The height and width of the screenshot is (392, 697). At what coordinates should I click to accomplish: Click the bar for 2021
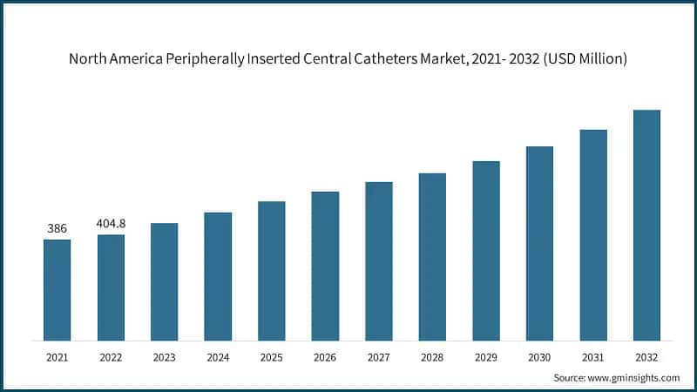click(57, 290)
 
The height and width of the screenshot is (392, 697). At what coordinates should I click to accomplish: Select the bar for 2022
click(111, 287)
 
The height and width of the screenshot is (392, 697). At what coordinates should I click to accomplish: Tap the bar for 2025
click(271, 271)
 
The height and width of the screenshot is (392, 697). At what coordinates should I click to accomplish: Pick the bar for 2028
click(432, 257)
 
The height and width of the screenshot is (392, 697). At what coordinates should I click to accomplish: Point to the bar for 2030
click(539, 243)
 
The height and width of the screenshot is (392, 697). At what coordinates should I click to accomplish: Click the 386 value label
click(57, 228)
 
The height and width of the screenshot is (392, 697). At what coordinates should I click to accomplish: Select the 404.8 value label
click(111, 224)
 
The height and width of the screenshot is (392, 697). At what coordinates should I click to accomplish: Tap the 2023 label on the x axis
click(164, 357)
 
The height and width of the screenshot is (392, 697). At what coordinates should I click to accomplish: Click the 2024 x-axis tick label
click(218, 357)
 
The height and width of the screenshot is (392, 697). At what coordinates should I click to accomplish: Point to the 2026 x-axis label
click(325, 357)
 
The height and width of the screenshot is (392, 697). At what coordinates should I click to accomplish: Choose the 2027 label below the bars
click(378, 357)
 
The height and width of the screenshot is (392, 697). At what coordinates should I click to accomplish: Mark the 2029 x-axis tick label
click(485, 357)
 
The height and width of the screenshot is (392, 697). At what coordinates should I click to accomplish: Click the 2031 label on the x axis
click(592, 357)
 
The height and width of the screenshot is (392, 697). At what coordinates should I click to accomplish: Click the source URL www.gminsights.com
click(633, 377)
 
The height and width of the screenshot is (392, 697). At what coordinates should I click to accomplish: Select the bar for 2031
click(592, 235)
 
